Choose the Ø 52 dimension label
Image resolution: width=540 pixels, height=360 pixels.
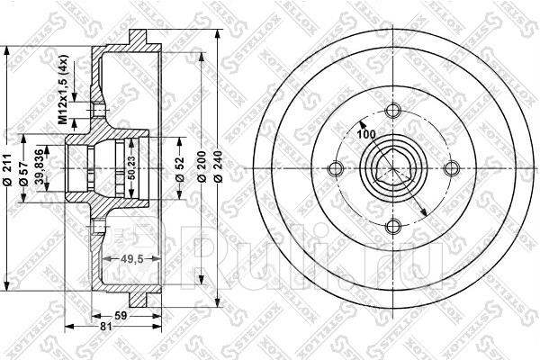pos(180,168)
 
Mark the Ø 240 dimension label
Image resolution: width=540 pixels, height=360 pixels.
pos(220,168)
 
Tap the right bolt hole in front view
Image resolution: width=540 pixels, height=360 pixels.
pos(450,168)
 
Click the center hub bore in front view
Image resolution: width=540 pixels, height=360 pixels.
pos(392,168)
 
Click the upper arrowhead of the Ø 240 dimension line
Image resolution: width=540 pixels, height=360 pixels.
pos(220,34)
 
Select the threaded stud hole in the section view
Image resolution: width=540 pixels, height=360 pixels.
pos(94,110)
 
